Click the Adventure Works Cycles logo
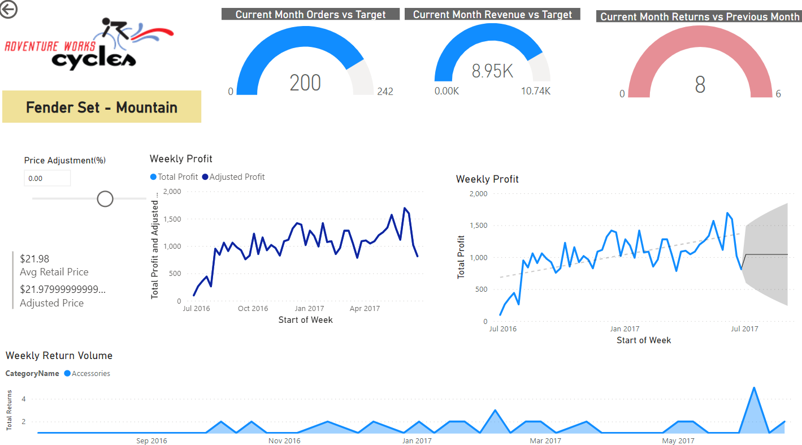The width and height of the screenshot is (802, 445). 89,45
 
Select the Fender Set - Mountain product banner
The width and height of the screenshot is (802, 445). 102,107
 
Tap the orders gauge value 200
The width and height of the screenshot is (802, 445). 305,83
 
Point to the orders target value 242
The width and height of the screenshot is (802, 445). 385,92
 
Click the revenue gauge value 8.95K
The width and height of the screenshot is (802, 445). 492,71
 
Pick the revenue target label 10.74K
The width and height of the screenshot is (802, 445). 535,91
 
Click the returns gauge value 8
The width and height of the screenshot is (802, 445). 700,85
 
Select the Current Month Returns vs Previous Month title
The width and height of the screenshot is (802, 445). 699,17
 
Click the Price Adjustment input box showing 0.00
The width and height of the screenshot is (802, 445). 47,178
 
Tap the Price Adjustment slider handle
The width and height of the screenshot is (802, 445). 105,198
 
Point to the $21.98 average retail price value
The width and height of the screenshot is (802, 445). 34,259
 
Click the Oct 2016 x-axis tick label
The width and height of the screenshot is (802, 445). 253,309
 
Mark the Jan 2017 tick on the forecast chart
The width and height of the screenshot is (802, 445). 625,329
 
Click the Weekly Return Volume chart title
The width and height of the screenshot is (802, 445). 59,356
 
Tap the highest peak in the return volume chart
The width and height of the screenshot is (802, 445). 753,388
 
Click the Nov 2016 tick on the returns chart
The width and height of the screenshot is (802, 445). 284,441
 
